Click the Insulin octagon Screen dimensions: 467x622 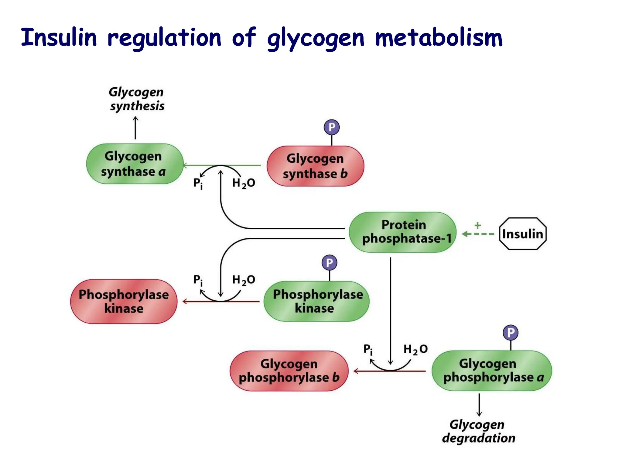coord(523,234)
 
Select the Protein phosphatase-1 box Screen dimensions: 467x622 coord(403,232)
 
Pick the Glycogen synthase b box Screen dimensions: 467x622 coord(315,166)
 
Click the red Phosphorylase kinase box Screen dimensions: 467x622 coord(124,301)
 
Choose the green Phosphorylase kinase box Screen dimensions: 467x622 coord(316,301)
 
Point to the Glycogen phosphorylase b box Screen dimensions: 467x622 coord(289,371)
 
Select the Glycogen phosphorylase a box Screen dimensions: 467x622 coord(492,371)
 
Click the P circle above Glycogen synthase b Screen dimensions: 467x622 coord(332,127)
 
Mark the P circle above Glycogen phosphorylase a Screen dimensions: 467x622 coord(511,333)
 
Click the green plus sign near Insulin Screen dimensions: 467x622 coord(478,225)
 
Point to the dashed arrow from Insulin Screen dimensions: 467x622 coord(478,234)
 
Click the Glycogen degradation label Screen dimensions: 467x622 coord(478,431)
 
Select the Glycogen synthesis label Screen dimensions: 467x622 coord(137,99)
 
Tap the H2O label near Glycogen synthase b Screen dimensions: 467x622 coord(243,183)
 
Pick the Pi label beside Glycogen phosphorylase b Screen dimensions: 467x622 coord(368,349)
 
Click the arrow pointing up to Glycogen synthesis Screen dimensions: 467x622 coord(135,128)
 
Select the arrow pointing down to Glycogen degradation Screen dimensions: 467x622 coord(479,405)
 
